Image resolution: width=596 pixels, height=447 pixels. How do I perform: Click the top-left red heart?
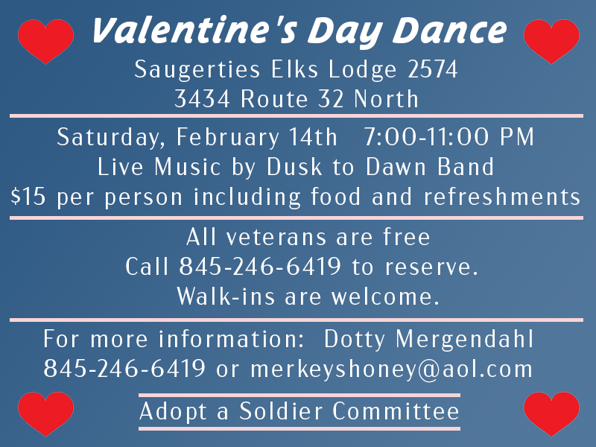point(45,40)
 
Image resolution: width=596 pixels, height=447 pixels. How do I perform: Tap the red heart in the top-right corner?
point(551,40)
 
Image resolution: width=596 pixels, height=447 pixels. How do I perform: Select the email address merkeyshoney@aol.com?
point(391,368)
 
